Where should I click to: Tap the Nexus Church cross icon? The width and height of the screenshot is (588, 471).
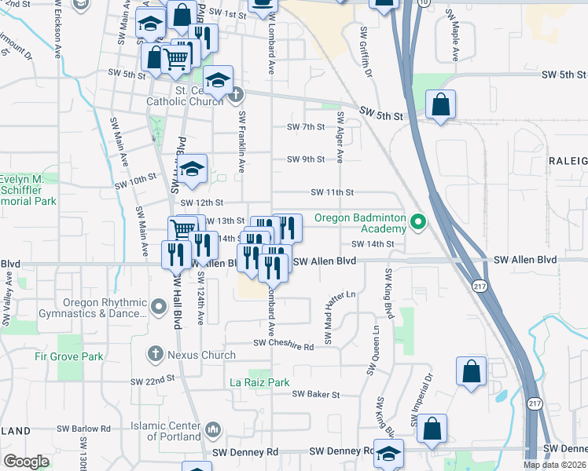click(x=155, y=355)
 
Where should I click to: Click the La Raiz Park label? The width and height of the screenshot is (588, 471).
click(x=259, y=382)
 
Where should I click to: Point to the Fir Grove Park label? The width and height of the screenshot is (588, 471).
click(x=68, y=356)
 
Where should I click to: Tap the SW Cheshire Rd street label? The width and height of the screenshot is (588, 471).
click(x=283, y=345)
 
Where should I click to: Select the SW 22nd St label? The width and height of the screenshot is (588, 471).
click(x=153, y=380)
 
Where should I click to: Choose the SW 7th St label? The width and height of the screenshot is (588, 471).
click(x=306, y=126)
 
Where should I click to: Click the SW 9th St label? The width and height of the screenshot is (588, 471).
click(x=306, y=159)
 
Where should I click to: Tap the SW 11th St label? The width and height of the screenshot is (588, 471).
click(x=333, y=192)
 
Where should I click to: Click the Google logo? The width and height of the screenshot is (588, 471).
click(x=26, y=462)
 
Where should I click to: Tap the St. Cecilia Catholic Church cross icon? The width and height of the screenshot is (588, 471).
click(x=235, y=96)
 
